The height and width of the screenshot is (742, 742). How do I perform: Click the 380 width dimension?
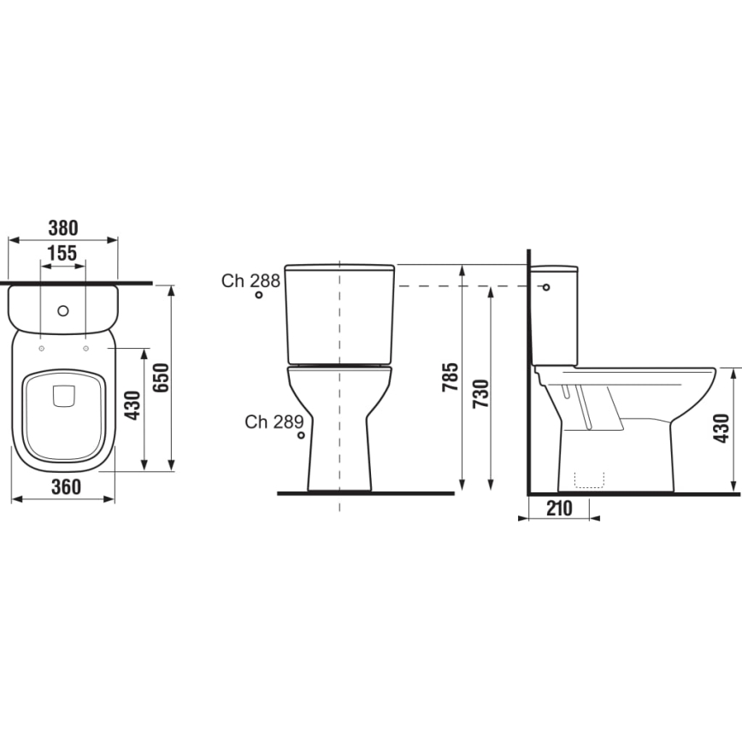pyautogui.click(x=62, y=227)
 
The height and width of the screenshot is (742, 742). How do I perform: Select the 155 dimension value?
pyautogui.click(x=62, y=253)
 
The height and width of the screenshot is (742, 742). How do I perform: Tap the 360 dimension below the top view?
pyautogui.click(x=65, y=486)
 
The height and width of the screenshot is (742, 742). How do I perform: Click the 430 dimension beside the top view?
pyautogui.click(x=132, y=406)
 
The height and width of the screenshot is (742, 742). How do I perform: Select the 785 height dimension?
pyautogui.click(x=450, y=378)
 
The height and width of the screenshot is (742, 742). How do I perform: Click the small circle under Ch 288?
pyautogui.click(x=258, y=297)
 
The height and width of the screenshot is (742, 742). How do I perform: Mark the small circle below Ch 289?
pyautogui.click(x=301, y=436)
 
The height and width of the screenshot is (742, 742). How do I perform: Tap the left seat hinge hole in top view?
pyautogui.click(x=40, y=348)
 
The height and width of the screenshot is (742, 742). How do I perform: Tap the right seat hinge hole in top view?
pyautogui.click(x=86, y=348)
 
